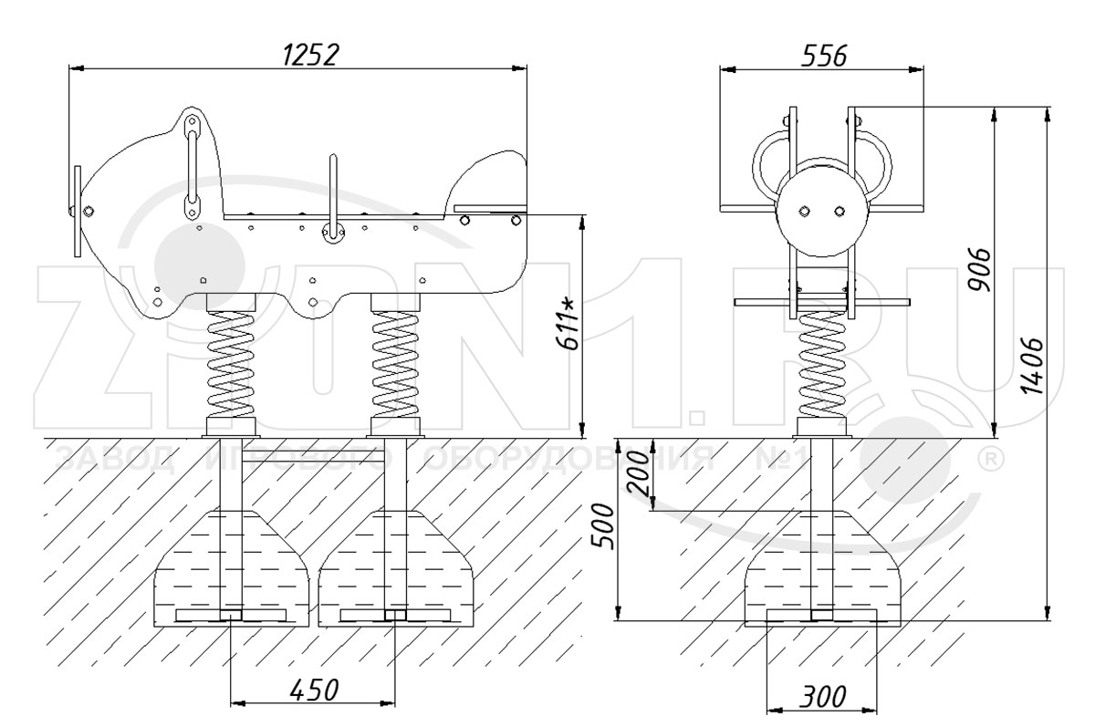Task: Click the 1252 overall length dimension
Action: coord(310,55)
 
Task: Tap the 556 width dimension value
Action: coord(824,57)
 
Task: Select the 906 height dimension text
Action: coord(979,270)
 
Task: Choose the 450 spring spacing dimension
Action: coord(314,690)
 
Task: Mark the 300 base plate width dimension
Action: coord(823,696)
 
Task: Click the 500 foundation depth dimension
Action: coord(601,526)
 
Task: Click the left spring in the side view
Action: coord(231,364)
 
